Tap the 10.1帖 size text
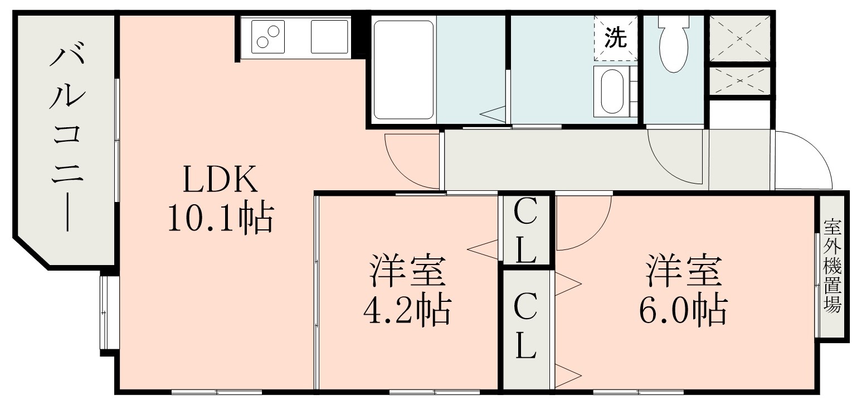click(219, 219)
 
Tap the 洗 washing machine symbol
click(616, 38)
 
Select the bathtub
click(403, 69)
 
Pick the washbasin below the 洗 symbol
click(612, 92)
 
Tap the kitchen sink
click(329, 37)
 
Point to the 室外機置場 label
click(832, 267)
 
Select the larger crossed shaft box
click(739, 38)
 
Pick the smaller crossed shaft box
click(739, 81)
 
